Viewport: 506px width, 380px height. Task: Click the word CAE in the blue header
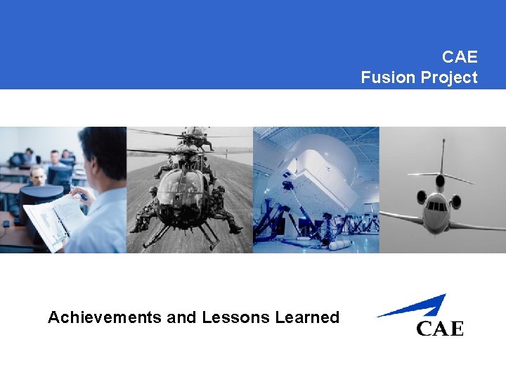click(460, 56)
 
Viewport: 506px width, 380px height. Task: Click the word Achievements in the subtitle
click(105, 317)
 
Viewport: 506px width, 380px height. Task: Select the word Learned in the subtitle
click(307, 317)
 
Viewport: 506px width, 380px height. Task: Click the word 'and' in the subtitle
click(182, 317)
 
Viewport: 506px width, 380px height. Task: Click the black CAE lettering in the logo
click(440, 328)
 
